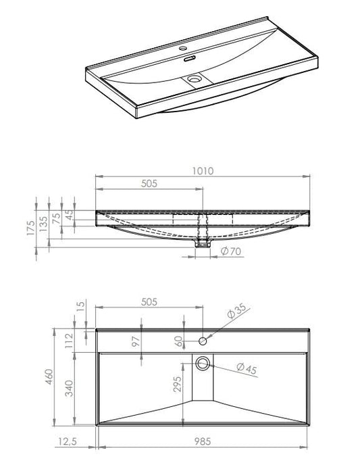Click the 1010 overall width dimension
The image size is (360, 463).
pyautogui.click(x=203, y=170)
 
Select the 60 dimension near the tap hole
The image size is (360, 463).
pyautogui.click(x=179, y=341)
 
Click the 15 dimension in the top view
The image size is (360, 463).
pyautogui.click(x=82, y=308)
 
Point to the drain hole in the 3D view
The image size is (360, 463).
pyautogui.click(x=195, y=78)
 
